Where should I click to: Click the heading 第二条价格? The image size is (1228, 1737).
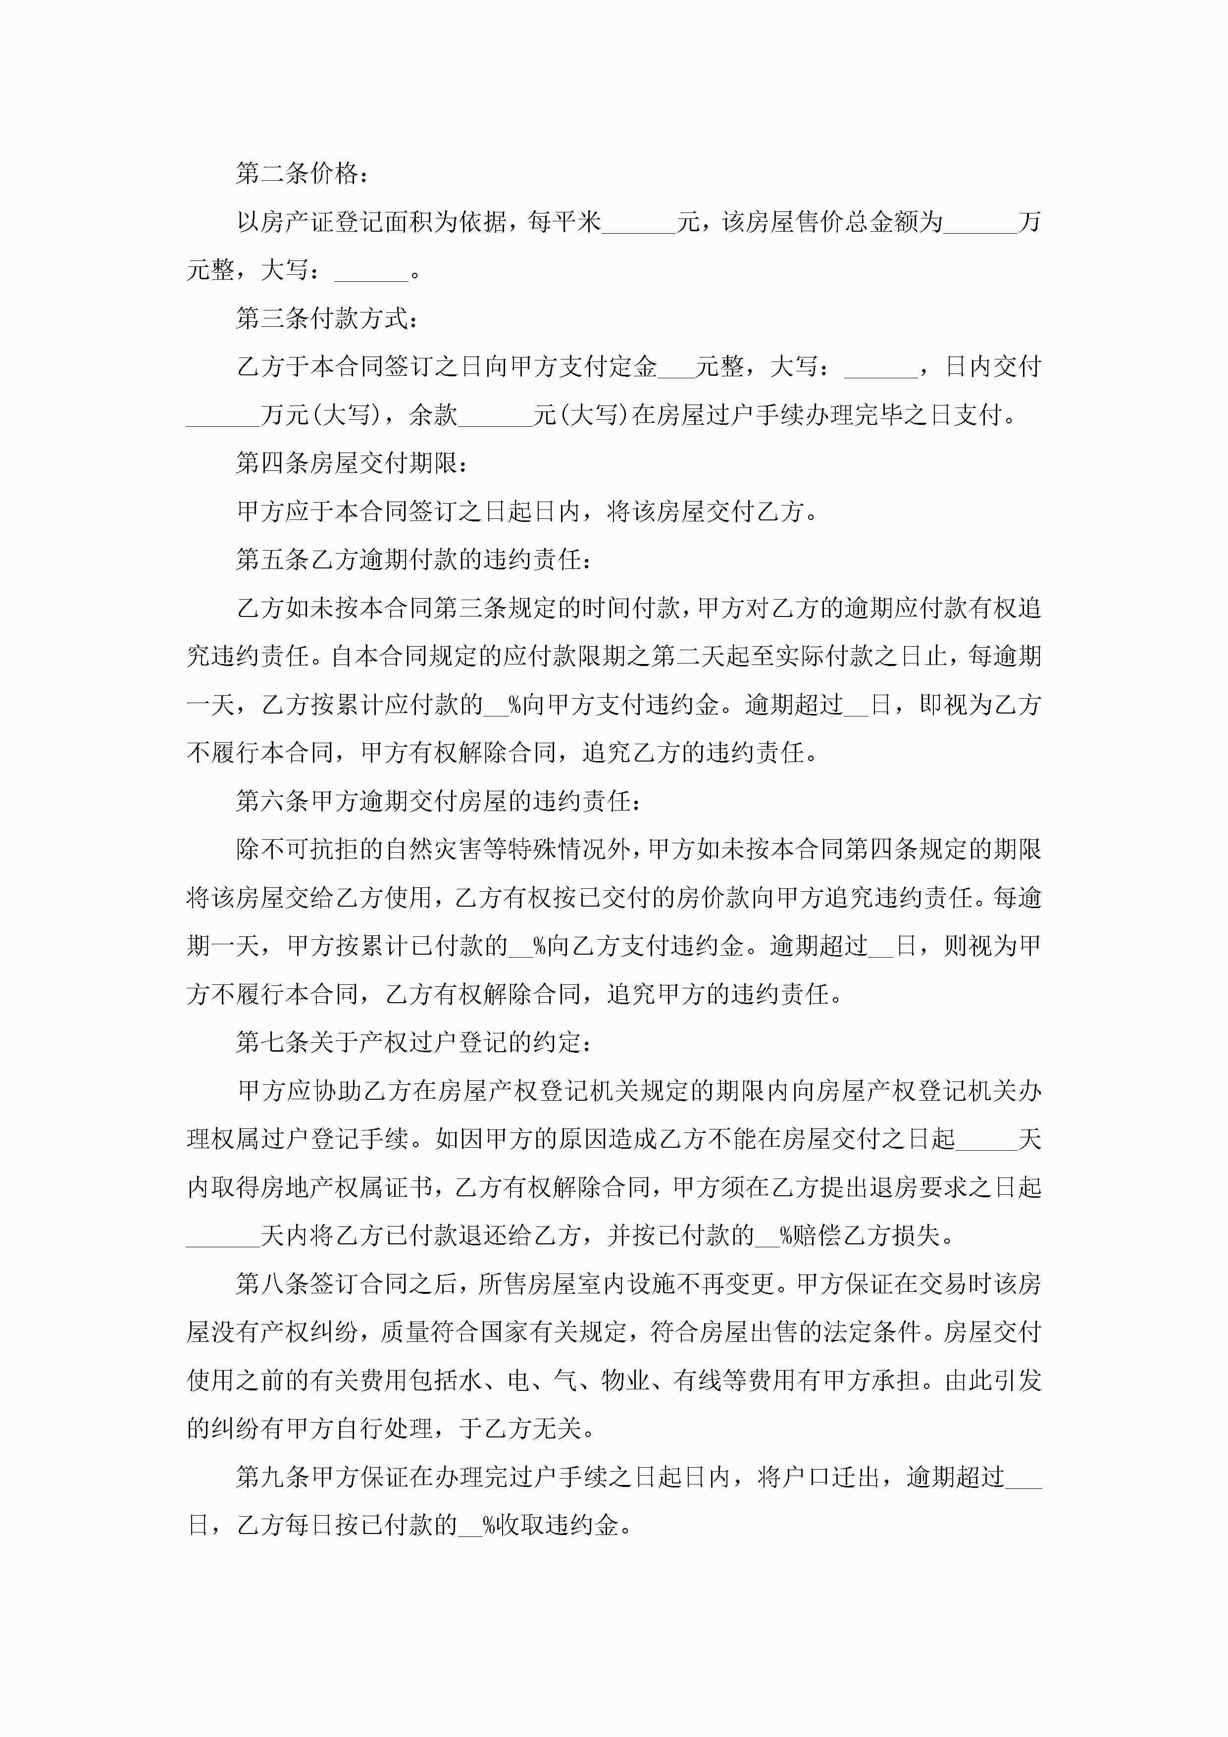tap(302, 174)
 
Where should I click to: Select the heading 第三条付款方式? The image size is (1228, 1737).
tap(327, 318)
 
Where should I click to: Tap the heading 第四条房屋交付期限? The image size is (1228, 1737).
tap(352, 463)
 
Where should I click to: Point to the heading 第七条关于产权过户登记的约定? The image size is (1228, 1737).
tap(414, 1042)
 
